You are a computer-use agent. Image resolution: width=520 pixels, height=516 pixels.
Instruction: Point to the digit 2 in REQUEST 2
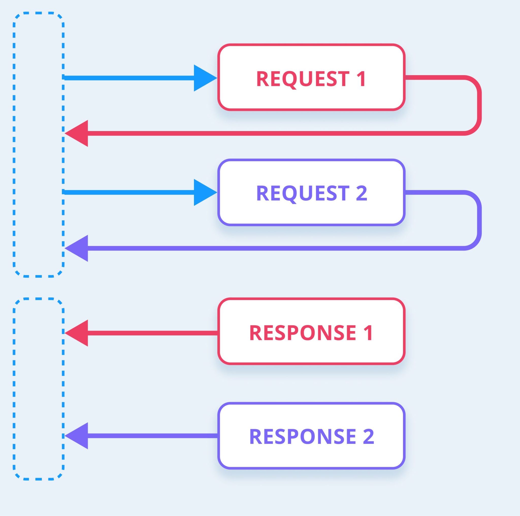pyautogui.click(x=361, y=193)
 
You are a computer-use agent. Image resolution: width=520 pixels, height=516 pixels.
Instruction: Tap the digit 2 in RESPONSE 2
pyautogui.click(x=368, y=436)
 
